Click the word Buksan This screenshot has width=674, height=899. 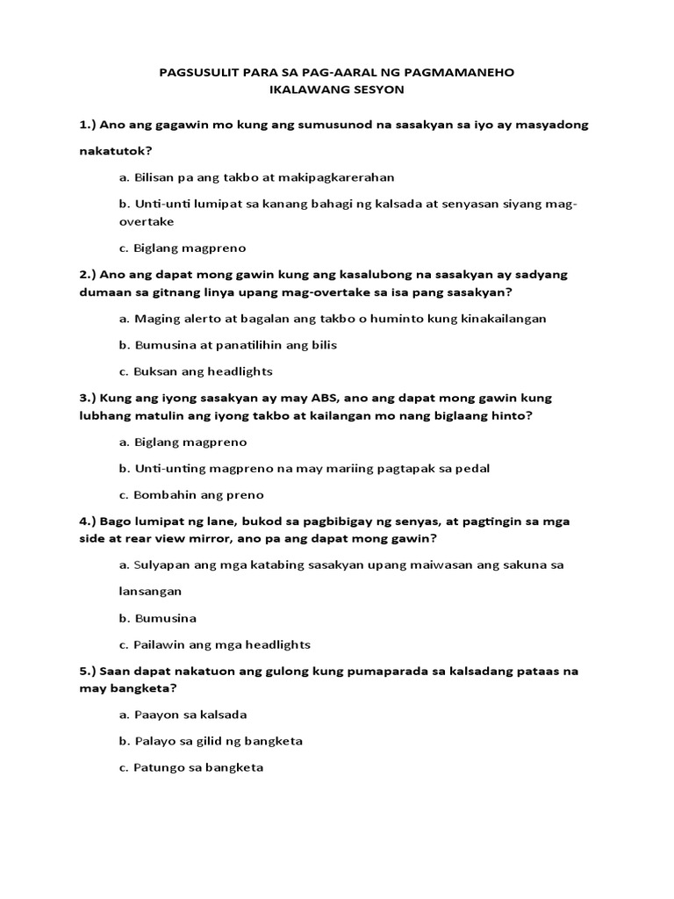click(x=156, y=371)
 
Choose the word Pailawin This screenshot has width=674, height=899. click(x=161, y=644)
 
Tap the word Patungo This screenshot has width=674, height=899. click(x=161, y=768)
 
